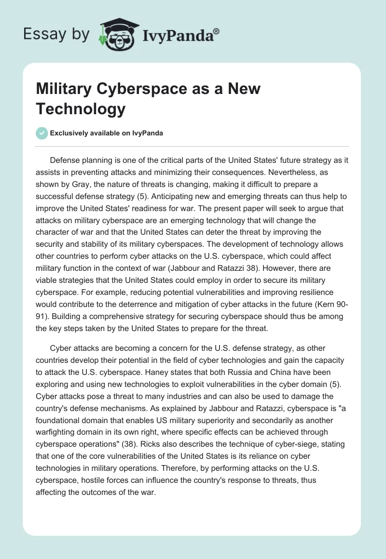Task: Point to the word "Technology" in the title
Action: click(81, 109)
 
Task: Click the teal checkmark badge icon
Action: click(42, 133)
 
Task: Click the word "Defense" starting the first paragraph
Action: click(65, 160)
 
